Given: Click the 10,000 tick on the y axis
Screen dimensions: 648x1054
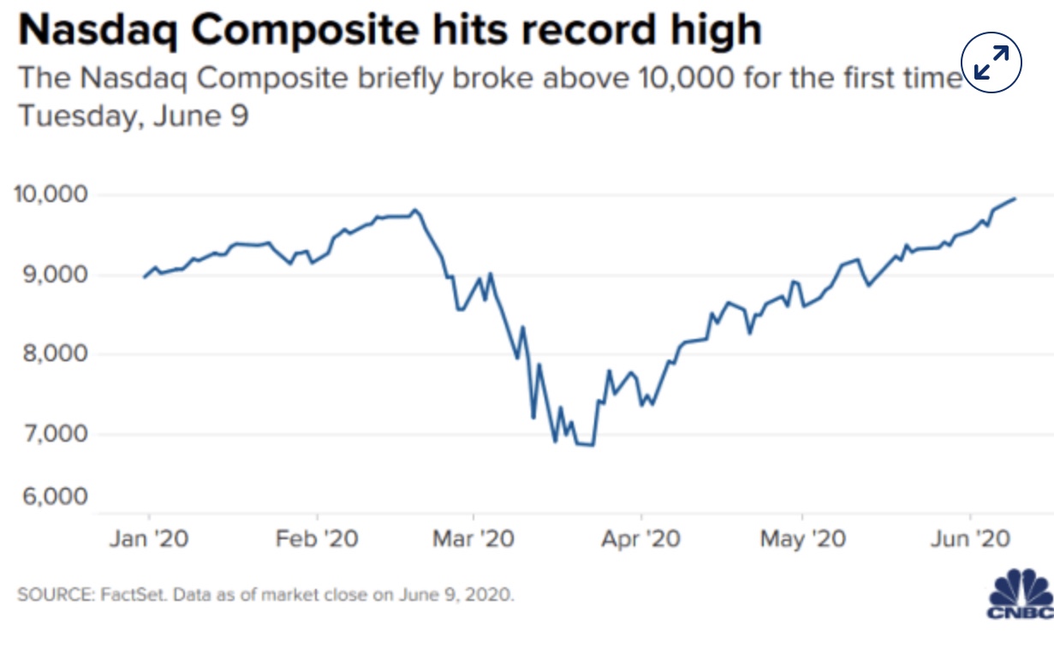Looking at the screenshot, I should pos(51,194).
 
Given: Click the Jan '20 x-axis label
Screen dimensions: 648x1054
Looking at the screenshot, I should pos(148,539).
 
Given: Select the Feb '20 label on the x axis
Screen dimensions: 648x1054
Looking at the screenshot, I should pos(317,539).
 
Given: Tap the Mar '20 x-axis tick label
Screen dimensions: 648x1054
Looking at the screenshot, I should pos(473,539).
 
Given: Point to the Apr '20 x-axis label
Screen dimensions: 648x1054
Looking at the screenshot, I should pos(640,539).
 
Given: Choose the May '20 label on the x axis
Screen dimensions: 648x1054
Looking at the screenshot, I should pos(801,539).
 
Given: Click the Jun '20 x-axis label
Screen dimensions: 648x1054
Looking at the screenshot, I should pos(970,539).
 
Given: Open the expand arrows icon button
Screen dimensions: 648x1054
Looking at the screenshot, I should pos(991,62).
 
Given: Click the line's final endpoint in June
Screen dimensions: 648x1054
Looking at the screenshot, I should pos(1015,199).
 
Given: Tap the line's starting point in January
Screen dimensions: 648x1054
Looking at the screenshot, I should pos(143,277).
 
